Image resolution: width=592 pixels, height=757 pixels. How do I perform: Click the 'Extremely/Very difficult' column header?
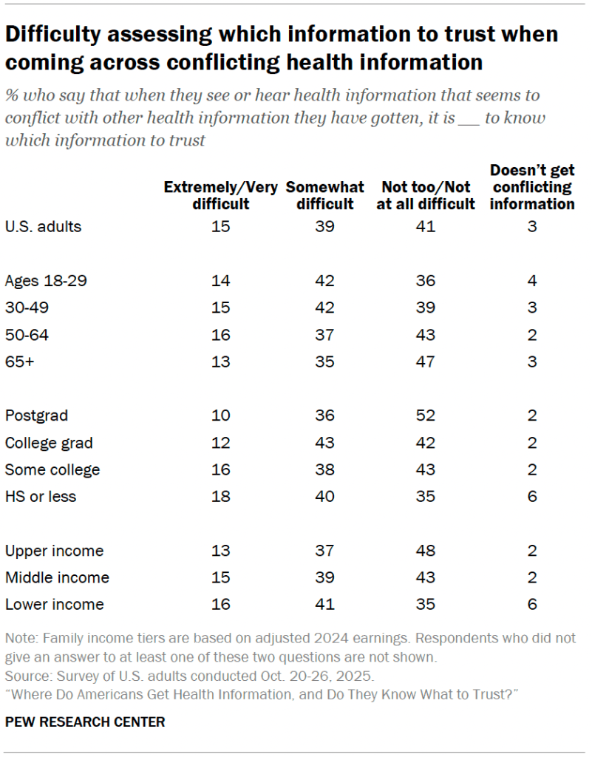pos(222,195)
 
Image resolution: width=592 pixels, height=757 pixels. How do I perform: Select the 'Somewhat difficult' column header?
pos(325,195)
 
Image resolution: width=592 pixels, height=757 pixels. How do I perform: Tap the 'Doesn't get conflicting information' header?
pos(531,187)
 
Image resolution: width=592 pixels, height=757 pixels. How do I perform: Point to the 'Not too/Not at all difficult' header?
pos(426,195)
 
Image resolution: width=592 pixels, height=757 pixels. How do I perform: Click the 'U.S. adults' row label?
pos(43,227)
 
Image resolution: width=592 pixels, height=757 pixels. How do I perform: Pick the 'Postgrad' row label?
pos(36,415)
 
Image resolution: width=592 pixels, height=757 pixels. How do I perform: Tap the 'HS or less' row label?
pos(41,496)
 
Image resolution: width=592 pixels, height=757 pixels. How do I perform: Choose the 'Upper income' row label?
pos(54,551)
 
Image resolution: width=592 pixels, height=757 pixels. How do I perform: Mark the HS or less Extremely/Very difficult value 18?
pos(222,496)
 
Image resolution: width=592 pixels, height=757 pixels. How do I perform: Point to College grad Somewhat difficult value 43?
pos(325,443)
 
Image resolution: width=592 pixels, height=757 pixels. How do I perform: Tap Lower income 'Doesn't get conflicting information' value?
pos(531,604)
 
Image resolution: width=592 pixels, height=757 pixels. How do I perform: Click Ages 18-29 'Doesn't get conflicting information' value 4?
pos(531,281)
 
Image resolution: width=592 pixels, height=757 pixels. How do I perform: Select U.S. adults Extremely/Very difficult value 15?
pos(222,227)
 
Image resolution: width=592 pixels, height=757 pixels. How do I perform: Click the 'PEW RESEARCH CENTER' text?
pos(85,722)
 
